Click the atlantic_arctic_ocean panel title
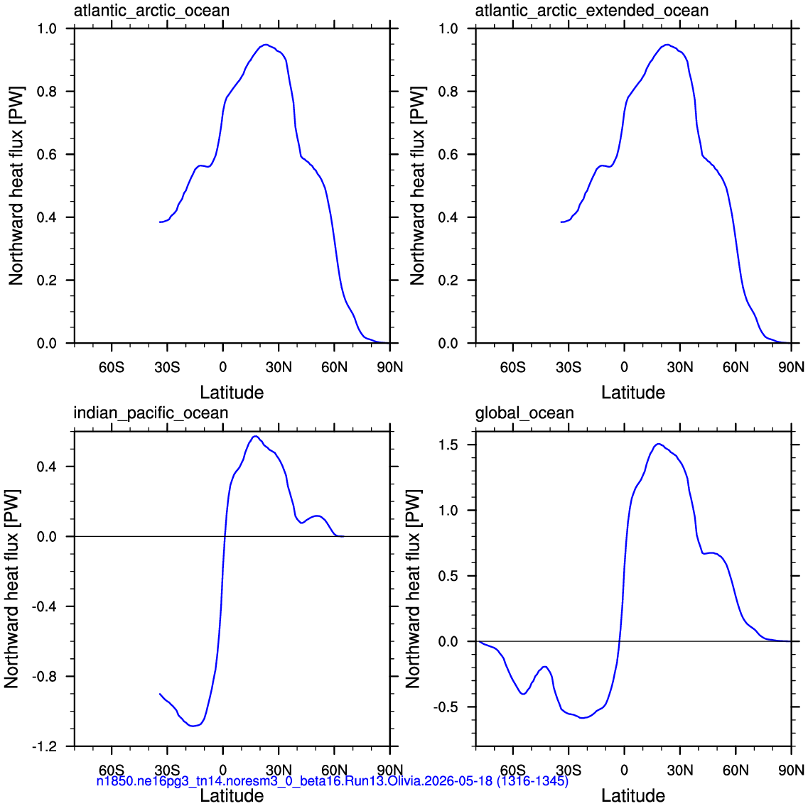pyautogui.click(x=151, y=11)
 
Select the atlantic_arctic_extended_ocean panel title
pyautogui.click(x=591, y=11)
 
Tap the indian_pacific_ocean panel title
pyautogui.click(x=151, y=413)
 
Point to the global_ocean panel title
pyautogui.click(x=524, y=413)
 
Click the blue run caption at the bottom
pyautogui.click(x=333, y=781)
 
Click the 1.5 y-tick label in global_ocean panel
pyautogui.click(x=448, y=445)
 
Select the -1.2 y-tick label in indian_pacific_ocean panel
pyautogui.click(x=44, y=746)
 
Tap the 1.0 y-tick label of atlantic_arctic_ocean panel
pyautogui.click(x=47, y=29)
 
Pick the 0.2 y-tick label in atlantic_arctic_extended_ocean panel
pyautogui.click(x=448, y=281)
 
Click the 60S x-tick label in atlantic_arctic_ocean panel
pyautogui.click(x=112, y=367)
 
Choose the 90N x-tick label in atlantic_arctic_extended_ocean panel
pyautogui.click(x=792, y=367)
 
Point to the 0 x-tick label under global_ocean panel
pyautogui.click(x=624, y=770)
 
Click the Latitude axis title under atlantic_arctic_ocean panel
pyautogui.click(x=232, y=393)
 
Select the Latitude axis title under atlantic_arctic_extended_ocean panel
pyautogui.click(x=633, y=393)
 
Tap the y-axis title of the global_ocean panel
pyautogui.click(x=414, y=589)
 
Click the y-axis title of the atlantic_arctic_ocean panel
pyautogui.click(x=16, y=186)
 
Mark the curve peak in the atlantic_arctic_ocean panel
pyautogui.click(x=265, y=45)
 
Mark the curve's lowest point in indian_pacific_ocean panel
pyautogui.click(x=193, y=726)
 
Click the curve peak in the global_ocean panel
pyautogui.click(x=658, y=443)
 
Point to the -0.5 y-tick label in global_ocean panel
pyautogui.click(x=446, y=707)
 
